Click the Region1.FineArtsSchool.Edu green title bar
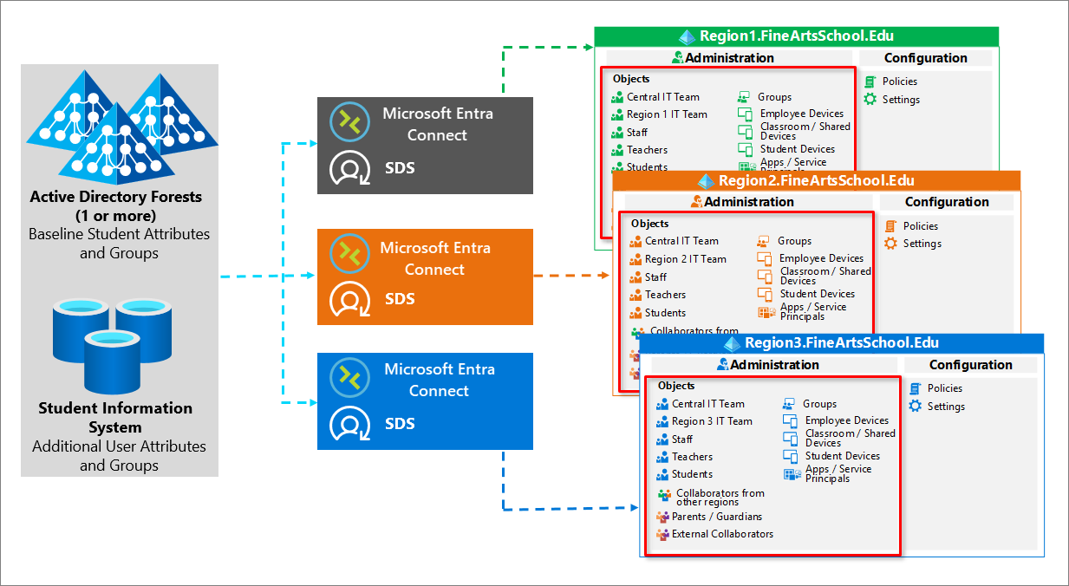[796, 36]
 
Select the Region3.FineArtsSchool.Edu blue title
[841, 343]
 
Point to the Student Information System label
[115, 417]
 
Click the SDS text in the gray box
[400, 168]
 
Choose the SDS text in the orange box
[400, 299]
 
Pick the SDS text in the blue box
[400, 424]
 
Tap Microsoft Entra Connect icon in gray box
[350, 122]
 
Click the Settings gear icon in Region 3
[916, 406]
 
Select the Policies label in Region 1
[900, 81]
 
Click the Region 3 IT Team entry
[712, 421]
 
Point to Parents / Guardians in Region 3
[717, 517]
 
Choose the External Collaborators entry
[722, 534]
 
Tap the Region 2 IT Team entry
[685, 259]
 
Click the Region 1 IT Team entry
[667, 114]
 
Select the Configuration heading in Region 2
[947, 202]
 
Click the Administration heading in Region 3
[774, 365]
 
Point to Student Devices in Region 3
[842, 456]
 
